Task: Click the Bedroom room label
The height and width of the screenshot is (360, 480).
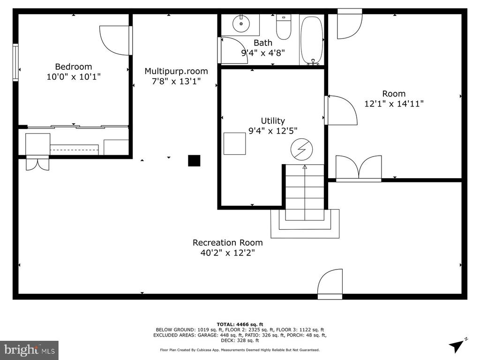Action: tap(74, 67)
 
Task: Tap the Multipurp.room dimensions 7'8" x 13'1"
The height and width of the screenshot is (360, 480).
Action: tap(176, 82)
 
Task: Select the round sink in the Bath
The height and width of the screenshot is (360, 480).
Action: tap(241, 23)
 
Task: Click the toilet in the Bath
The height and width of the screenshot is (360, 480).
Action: tap(284, 27)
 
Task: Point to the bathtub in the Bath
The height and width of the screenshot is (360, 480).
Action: tap(312, 40)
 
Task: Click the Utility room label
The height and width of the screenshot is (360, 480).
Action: tap(273, 120)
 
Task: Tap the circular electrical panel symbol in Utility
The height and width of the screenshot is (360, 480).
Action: tap(302, 150)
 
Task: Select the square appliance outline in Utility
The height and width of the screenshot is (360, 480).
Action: tap(234, 143)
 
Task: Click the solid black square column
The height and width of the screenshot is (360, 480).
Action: tap(194, 161)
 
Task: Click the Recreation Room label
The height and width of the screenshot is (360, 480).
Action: tap(227, 243)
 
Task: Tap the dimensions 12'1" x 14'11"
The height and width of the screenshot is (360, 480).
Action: tap(394, 104)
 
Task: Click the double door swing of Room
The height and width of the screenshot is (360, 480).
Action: tap(359, 167)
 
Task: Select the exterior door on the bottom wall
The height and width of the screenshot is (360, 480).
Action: tap(330, 284)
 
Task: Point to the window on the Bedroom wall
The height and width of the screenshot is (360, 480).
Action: tap(15, 62)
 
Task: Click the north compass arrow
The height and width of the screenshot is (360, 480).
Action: tap(457, 345)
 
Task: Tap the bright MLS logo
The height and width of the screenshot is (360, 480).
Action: tap(30, 350)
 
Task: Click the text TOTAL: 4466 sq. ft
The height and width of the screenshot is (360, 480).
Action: tap(240, 324)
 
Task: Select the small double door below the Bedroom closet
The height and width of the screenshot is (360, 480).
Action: tap(37, 163)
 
